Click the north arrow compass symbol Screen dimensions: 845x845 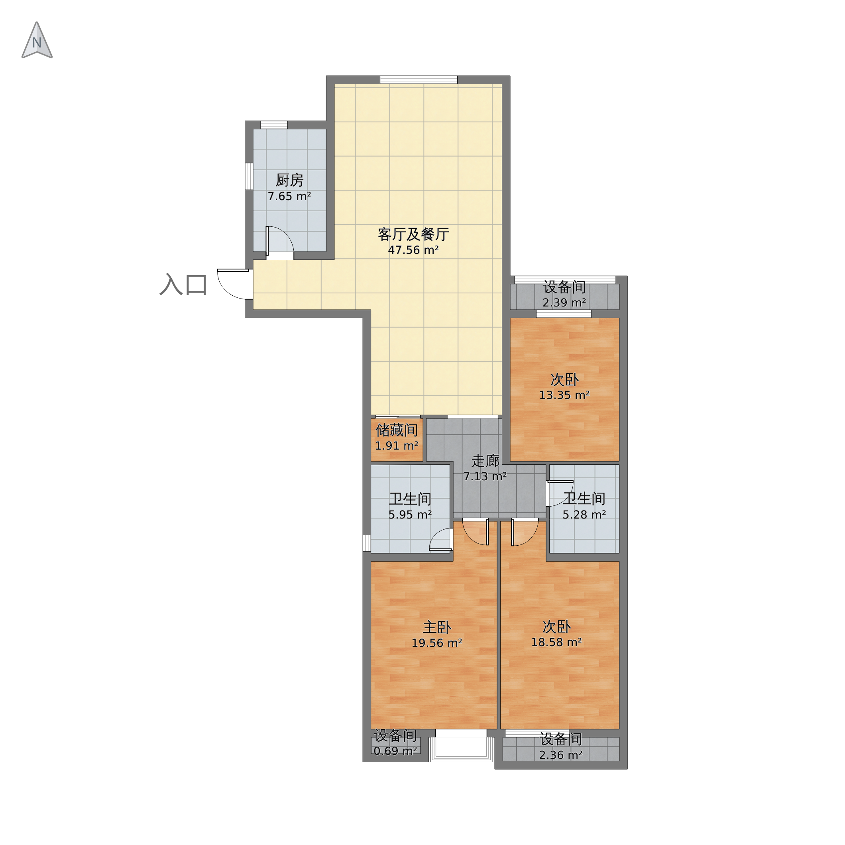[x=37, y=40]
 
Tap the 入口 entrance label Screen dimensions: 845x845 [x=183, y=285]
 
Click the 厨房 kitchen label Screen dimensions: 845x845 [x=289, y=180]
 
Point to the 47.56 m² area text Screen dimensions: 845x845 [x=413, y=250]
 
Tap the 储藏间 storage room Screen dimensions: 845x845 [x=397, y=439]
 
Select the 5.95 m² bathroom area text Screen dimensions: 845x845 [x=410, y=515]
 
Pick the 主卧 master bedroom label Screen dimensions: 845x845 [x=437, y=628]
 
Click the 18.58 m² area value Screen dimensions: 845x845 [x=556, y=642]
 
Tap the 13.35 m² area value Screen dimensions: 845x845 [x=564, y=395]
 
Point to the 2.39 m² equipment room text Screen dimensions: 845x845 [x=564, y=302]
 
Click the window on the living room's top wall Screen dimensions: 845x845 [x=419, y=80]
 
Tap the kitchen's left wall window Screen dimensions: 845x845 [x=249, y=176]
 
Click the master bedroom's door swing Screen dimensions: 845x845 [x=476, y=532]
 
